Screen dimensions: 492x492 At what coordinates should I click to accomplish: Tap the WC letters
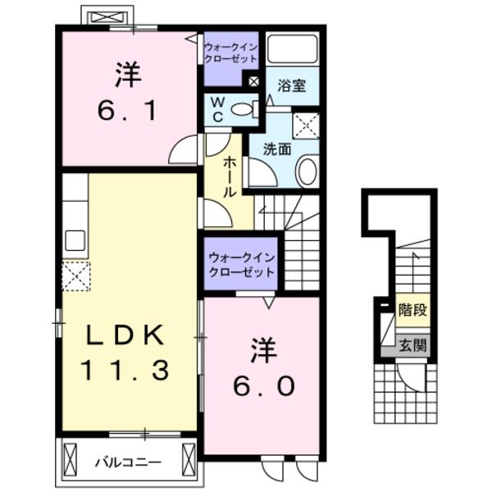[x=217, y=109]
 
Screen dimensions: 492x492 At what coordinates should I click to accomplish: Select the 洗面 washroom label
[x=278, y=149]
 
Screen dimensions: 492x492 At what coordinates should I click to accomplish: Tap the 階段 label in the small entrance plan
[x=412, y=310]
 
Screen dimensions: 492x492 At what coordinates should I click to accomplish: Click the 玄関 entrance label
[x=412, y=345]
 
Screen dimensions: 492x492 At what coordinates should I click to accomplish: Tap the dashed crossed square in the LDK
[x=75, y=276]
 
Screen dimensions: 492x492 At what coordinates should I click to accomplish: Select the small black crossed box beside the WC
[x=253, y=82]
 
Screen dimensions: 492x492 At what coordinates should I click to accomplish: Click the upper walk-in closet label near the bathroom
[x=231, y=55]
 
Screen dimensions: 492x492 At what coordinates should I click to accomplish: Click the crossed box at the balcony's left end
[x=71, y=455]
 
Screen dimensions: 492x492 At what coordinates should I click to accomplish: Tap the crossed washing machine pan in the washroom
[x=306, y=126]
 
